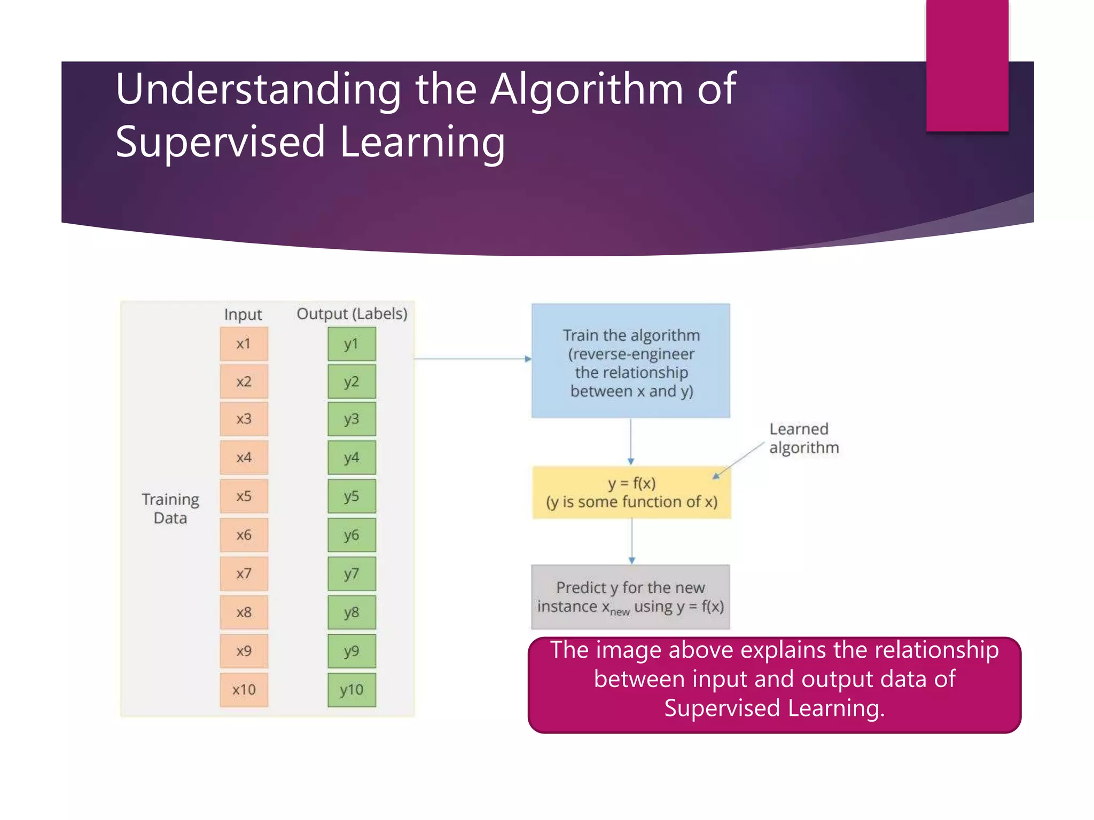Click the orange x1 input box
pyautogui.click(x=244, y=344)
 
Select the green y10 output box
pyautogui.click(x=351, y=690)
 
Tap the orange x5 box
pyautogui.click(x=244, y=496)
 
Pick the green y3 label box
pyautogui.click(x=351, y=419)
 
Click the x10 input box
pyautogui.click(x=244, y=690)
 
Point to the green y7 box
pyautogui.click(x=351, y=574)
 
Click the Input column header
pyautogui.click(x=243, y=314)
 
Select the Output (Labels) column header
pyautogui.click(x=351, y=314)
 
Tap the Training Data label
pyautogui.click(x=170, y=508)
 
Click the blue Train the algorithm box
pyautogui.click(x=630, y=361)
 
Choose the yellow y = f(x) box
pyautogui.click(x=631, y=492)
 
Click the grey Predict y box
pyautogui.click(x=630, y=597)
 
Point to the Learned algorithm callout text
pyautogui.click(x=803, y=438)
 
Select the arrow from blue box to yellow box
pyautogui.click(x=631, y=440)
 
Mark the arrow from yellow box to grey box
pyautogui.click(x=631, y=541)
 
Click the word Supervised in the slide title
pyautogui.click(x=220, y=142)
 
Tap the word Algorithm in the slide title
pyautogui.click(x=587, y=89)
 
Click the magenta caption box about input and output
pyautogui.click(x=774, y=684)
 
